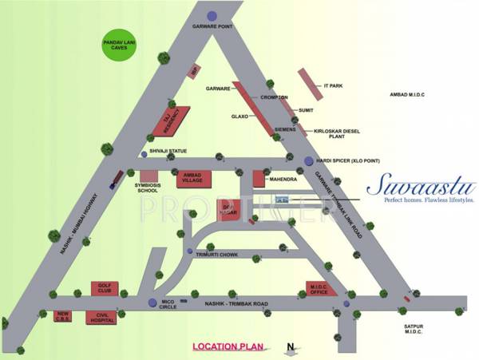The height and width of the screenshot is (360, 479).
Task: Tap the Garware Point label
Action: (212, 26)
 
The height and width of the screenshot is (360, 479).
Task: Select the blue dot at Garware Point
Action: (211, 15)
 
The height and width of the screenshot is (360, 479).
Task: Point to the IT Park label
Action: (333, 85)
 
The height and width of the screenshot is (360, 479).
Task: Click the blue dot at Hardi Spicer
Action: (309, 161)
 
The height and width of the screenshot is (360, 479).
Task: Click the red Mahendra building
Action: (259, 180)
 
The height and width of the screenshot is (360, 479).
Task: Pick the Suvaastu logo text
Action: (421, 188)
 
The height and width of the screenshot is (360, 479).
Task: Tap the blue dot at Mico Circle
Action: (152, 302)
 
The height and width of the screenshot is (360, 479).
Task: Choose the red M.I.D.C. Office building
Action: (324, 289)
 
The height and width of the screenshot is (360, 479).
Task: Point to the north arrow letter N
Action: (291, 346)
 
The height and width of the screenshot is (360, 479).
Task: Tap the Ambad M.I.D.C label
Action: (406, 95)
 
